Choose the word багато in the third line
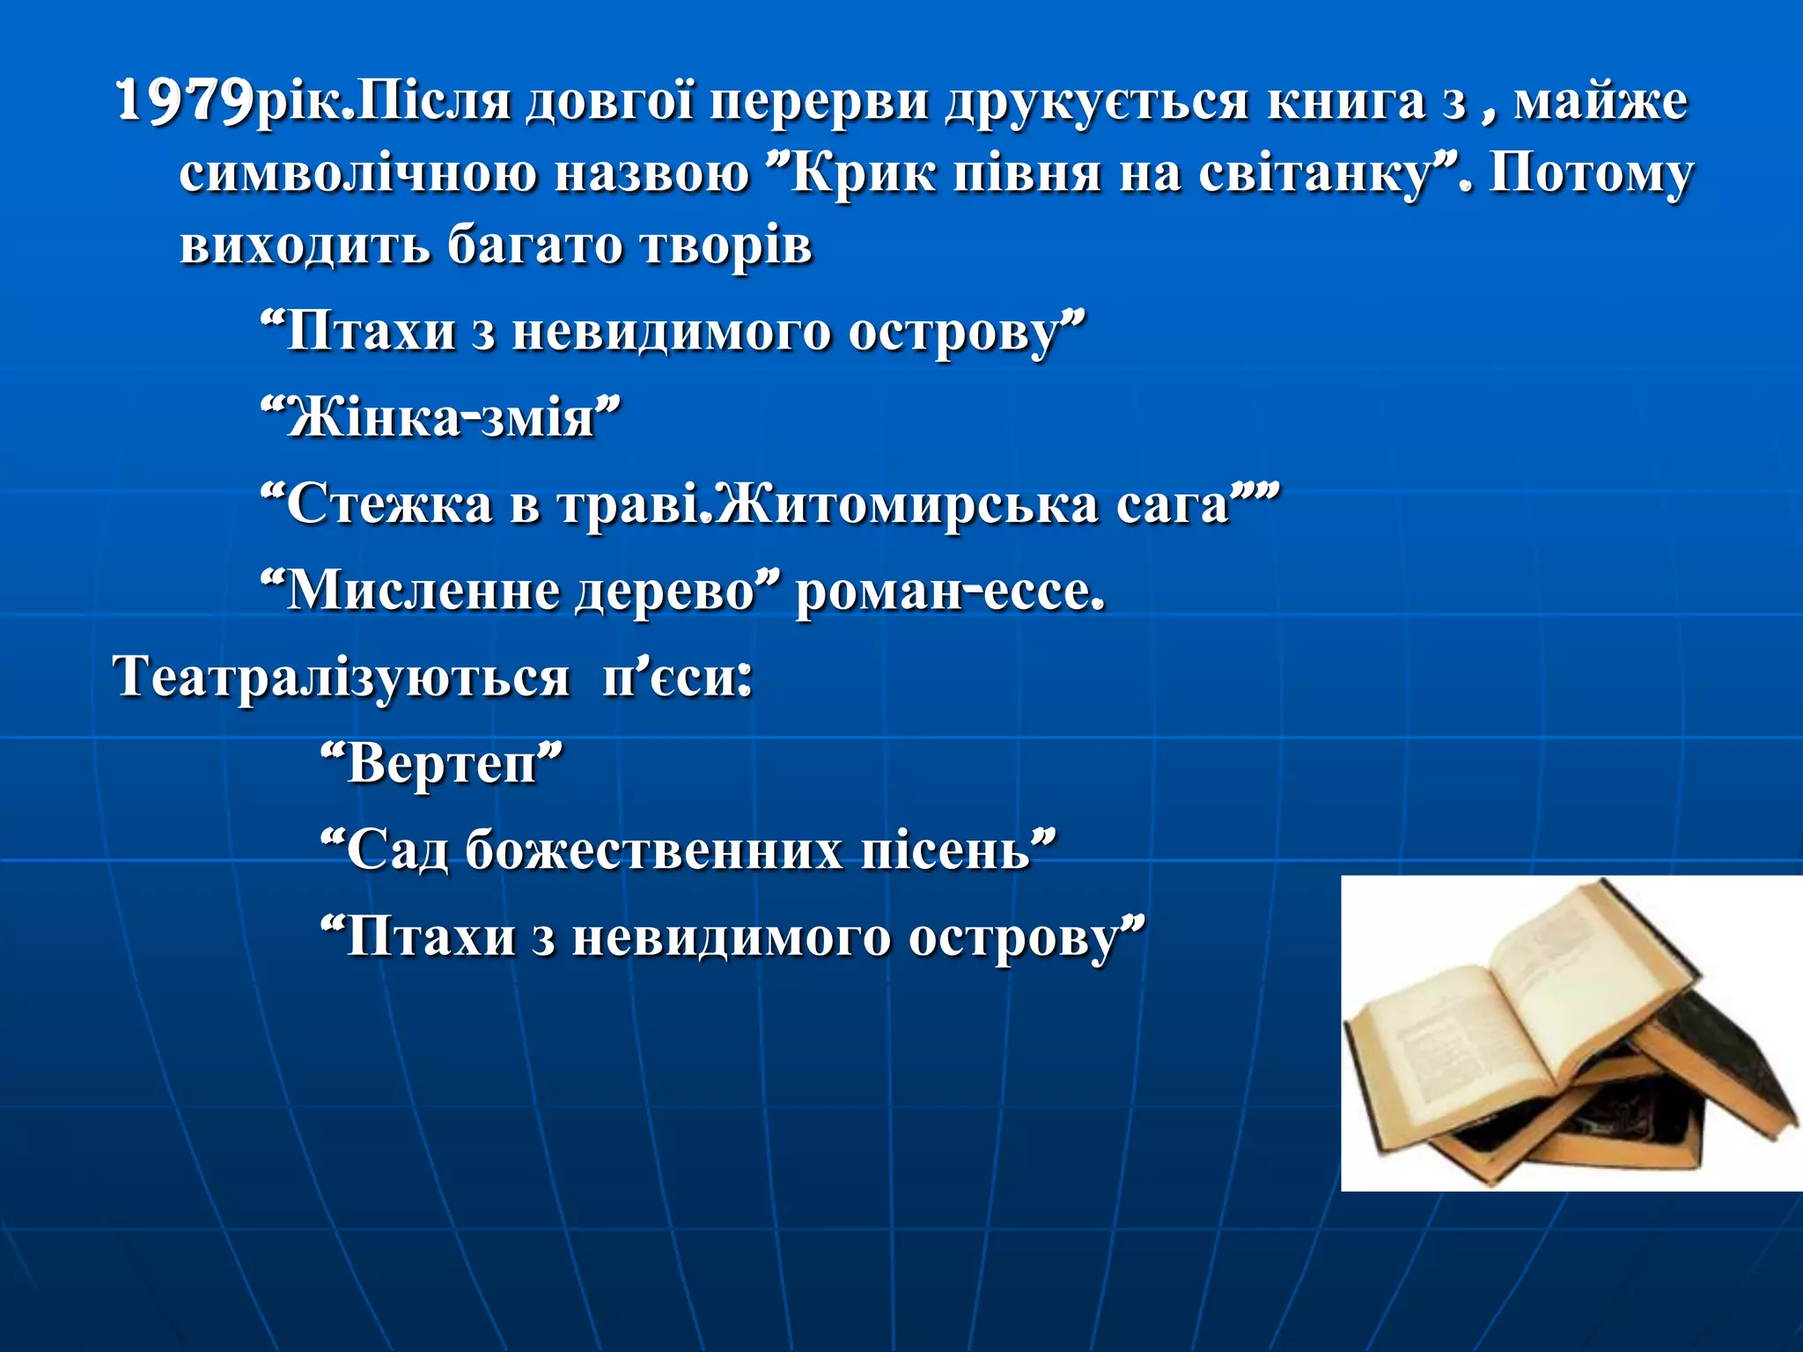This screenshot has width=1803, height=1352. click(x=535, y=245)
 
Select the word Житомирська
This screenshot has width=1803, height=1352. click(x=906, y=504)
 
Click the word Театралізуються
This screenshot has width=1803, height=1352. click(x=342, y=678)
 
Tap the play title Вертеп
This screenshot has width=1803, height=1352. click(x=441, y=763)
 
